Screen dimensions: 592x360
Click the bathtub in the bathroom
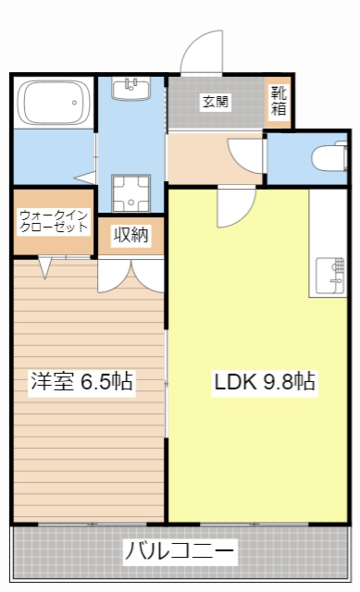53,102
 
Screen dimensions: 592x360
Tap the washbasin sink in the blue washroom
131,89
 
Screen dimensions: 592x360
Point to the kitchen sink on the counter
331,276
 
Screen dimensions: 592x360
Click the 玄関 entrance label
215,102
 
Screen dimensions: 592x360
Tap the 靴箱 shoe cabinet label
279,101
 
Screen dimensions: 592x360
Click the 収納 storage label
131,235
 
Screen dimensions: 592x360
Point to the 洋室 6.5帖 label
81,382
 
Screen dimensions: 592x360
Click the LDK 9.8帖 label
264,382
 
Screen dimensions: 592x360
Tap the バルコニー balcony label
179,552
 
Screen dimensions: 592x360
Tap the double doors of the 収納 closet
131,276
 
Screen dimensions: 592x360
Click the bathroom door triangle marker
86,177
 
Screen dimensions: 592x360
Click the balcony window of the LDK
254,524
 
